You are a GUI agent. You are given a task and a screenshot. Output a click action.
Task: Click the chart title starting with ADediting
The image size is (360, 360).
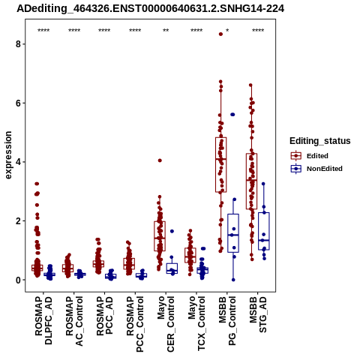151,8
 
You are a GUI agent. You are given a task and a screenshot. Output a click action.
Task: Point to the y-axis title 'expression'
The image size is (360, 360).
8,155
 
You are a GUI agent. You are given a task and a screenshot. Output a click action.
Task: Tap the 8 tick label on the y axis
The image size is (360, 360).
18,44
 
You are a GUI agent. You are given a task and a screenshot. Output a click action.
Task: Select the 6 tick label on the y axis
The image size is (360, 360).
18,103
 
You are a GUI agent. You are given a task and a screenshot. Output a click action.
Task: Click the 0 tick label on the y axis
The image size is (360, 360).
18,280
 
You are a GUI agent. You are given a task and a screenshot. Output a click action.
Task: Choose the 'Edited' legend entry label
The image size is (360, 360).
317,156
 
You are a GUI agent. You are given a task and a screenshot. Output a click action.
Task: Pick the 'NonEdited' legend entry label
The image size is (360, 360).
325,169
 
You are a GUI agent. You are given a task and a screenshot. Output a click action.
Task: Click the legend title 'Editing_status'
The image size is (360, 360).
320,141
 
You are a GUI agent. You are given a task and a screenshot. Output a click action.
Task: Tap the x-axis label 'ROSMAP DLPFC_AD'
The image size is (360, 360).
43,320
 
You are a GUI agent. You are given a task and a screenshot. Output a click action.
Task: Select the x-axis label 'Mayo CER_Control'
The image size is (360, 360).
166,324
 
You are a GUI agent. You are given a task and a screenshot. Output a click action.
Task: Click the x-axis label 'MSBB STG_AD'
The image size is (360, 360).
258,314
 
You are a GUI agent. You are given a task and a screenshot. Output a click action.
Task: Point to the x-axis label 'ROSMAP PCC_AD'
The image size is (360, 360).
104,316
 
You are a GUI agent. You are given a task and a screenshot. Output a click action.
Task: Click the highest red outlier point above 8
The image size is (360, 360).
220,34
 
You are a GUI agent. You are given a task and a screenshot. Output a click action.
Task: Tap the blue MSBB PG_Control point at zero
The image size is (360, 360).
233,280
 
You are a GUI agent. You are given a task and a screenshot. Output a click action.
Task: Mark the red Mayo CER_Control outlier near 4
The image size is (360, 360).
160,160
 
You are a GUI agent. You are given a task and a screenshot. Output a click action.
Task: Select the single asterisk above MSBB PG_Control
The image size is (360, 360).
227,31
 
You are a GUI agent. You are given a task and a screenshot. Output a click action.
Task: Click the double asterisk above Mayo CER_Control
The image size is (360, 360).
166,31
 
